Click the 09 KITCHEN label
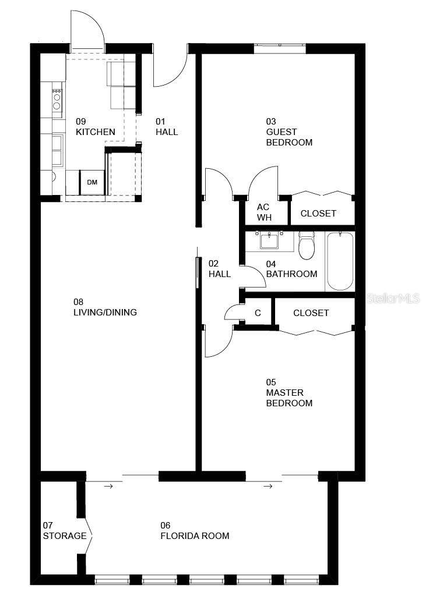[95, 127]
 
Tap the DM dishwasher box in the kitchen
[92, 182]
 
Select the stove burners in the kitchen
[57, 98]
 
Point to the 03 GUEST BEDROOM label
[289, 132]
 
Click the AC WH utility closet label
[264, 212]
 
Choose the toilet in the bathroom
[306, 246]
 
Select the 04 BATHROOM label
[291, 269]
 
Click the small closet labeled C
[258, 313]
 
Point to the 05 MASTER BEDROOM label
[289, 393]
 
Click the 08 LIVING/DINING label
[105, 307]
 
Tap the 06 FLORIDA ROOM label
[195, 530]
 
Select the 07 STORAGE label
[64, 530]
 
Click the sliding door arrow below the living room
[108, 485]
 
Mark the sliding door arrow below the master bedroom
[268, 485]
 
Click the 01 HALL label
[166, 127]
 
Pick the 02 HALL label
[220, 269]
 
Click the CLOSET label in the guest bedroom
[318, 214]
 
